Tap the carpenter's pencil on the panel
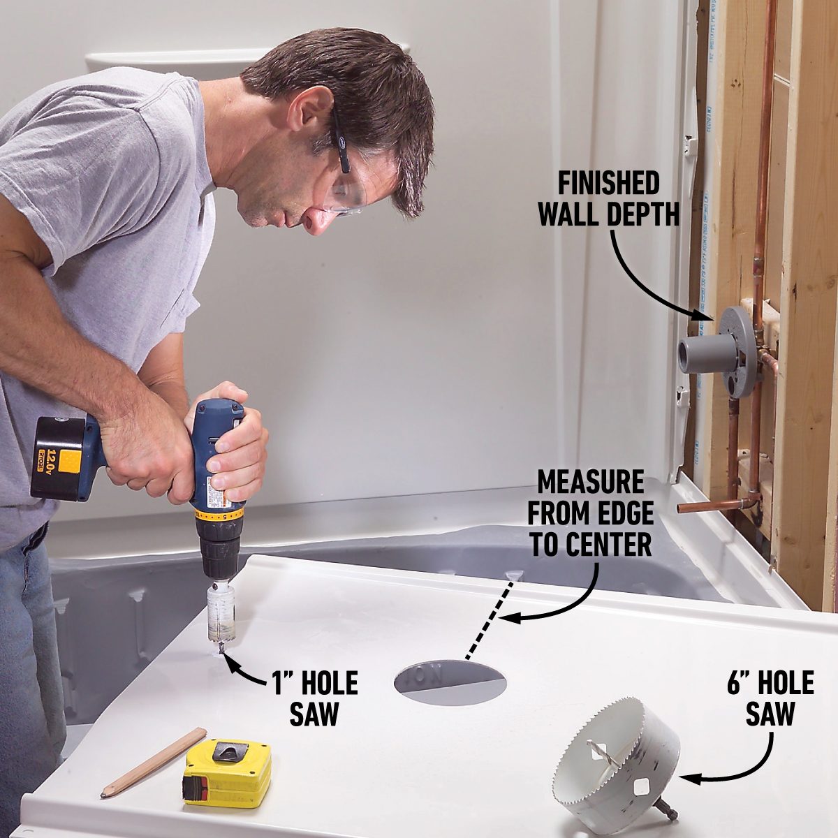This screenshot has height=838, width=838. tap(154, 763)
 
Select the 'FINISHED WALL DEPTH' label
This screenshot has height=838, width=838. tap(608, 199)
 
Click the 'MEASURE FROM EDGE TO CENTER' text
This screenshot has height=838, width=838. tap(590, 513)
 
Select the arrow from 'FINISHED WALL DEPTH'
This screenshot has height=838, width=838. tap(642, 279)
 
